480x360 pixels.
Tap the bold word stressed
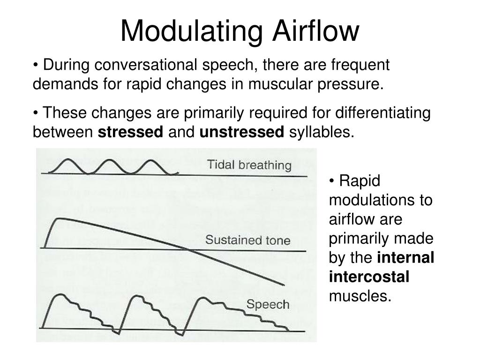click(x=130, y=133)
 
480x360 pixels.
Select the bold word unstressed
click(x=242, y=133)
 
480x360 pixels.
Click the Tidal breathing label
click(x=249, y=165)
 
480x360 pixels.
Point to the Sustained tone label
click(x=248, y=241)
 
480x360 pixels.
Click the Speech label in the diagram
click(x=268, y=304)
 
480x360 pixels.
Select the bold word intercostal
click(x=369, y=277)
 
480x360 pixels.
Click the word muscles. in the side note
click(x=360, y=296)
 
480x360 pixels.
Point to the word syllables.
click(x=321, y=133)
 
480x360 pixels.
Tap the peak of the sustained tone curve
click(x=57, y=218)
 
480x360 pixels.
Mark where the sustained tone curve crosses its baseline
click(x=190, y=248)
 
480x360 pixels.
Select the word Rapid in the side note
click(x=359, y=181)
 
